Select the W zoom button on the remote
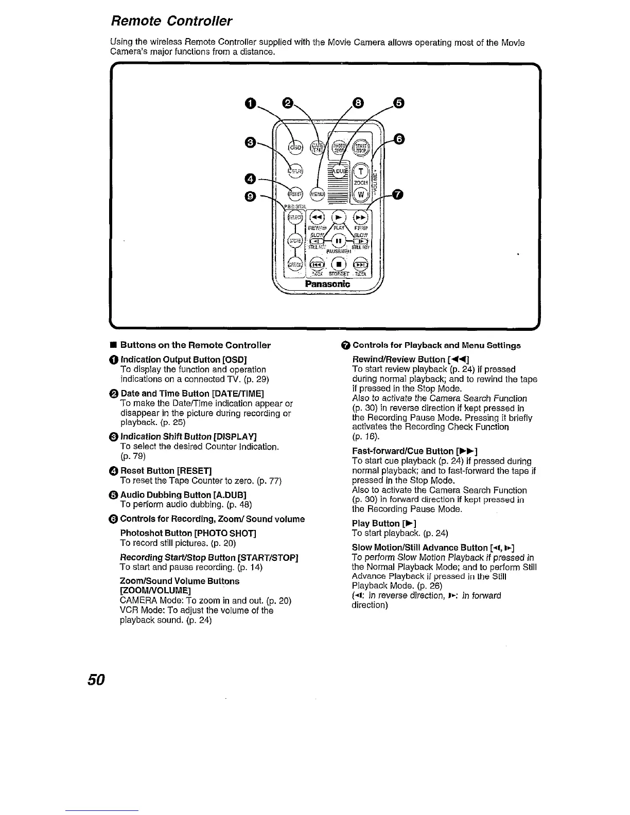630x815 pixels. [361, 194]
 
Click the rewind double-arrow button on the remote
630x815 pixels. [318, 218]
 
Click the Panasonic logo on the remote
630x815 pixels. [328, 284]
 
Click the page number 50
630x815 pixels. [96, 680]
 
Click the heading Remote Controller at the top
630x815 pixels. [172, 21]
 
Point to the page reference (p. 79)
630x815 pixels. [133, 456]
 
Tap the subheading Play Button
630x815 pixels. [376, 524]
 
